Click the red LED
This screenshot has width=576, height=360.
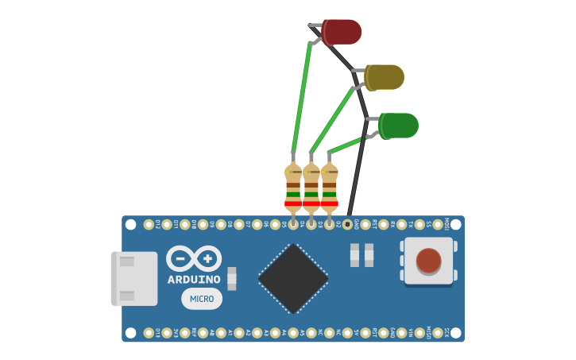pyautogui.click(x=342, y=32)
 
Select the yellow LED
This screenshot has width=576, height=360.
pyautogui.click(x=385, y=77)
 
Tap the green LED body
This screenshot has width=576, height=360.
pyautogui.click(x=399, y=126)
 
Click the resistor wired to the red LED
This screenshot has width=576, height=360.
pyautogui.click(x=293, y=188)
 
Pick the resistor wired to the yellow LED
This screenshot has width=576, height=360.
pyautogui.click(x=311, y=188)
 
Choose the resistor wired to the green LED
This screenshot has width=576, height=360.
pyautogui.click(x=329, y=188)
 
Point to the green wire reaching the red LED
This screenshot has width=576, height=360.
pyautogui.click(x=302, y=95)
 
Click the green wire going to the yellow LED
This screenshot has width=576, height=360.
pyautogui.click(x=332, y=119)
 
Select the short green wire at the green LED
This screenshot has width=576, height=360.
pyautogui.click(x=346, y=145)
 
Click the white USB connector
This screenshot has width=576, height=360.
pyautogui.click(x=134, y=278)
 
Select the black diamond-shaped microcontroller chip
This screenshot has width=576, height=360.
pyautogui.click(x=293, y=278)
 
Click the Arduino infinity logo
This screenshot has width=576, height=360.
pyautogui.click(x=194, y=259)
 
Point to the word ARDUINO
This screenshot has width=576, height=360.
pyautogui.click(x=194, y=280)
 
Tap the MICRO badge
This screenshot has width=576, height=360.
pyautogui.click(x=202, y=299)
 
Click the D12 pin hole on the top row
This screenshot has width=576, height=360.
pyautogui.click(x=149, y=225)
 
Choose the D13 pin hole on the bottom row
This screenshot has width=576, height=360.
pyautogui.click(x=149, y=332)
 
